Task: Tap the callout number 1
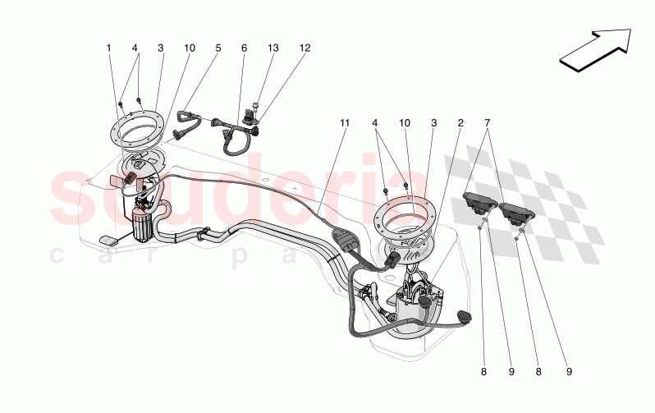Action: pyautogui.click(x=108, y=48)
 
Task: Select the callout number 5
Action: pyautogui.click(x=218, y=48)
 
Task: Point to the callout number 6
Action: pyautogui.click(x=245, y=48)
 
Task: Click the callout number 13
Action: pyautogui.click(x=274, y=48)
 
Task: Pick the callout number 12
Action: pyautogui.click(x=305, y=48)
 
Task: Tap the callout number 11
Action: pyautogui.click(x=345, y=123)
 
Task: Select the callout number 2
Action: pyautogui.click(x=460, y=123)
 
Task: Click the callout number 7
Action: pyautogui.click(x=488, y=123)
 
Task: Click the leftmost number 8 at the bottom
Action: pyautogui.click(x=483, y=372)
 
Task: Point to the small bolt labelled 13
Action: pyautogui.click(x=257, y=106)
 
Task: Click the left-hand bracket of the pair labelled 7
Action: pyautogui.click(x=479, y=202)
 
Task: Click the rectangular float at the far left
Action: pyautogui.click(x=108, y=239)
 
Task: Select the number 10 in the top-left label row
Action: pyautogui.click(x=190, y=48)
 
